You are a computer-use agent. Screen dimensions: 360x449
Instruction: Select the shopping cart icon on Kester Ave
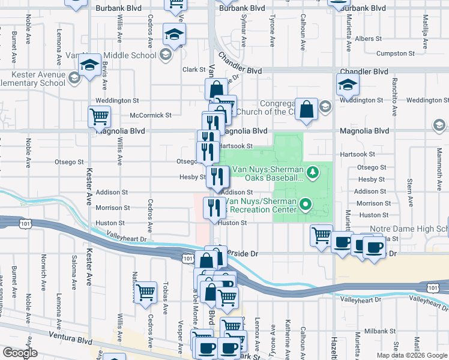[x=99, y=116]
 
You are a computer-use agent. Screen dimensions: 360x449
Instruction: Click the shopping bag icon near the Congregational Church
[x=306, y=110]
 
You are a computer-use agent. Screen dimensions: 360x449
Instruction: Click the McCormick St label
[x=151, y=115]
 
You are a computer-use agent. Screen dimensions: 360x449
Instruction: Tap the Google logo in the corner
[x=20, y=353]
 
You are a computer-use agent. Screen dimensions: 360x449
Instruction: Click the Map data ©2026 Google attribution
[x=412, y=355]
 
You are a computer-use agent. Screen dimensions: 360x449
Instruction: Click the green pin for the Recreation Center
[x=306, y=205]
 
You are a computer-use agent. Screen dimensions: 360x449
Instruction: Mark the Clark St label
[x=194, y=70]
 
